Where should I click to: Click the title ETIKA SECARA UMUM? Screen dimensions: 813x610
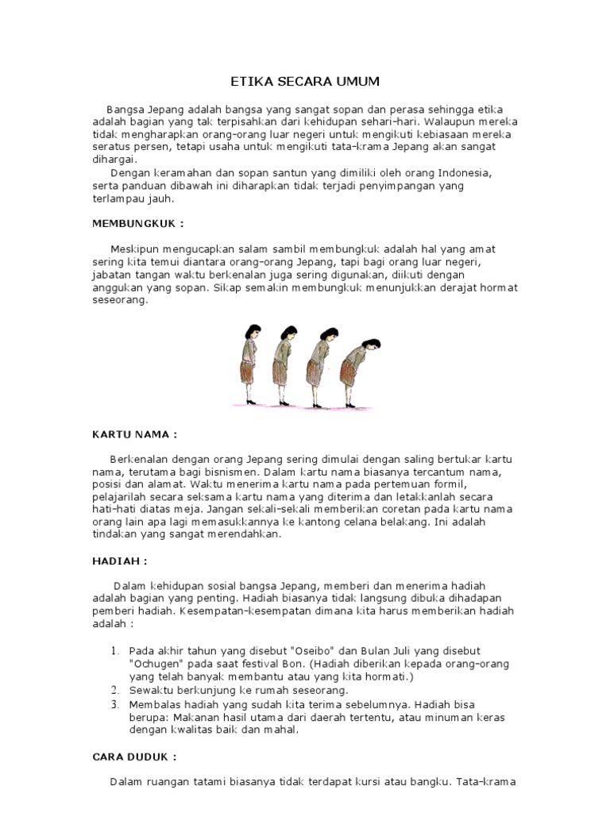click(x=305, y=81)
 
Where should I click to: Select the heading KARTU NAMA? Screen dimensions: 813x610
click(x=134, y=434)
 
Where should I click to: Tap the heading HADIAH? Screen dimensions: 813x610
click(x=119, y=560)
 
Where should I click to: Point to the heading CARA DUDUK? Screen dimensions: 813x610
click(x=133, y=757)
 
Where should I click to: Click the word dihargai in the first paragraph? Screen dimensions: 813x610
click(x=115, y=159)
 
